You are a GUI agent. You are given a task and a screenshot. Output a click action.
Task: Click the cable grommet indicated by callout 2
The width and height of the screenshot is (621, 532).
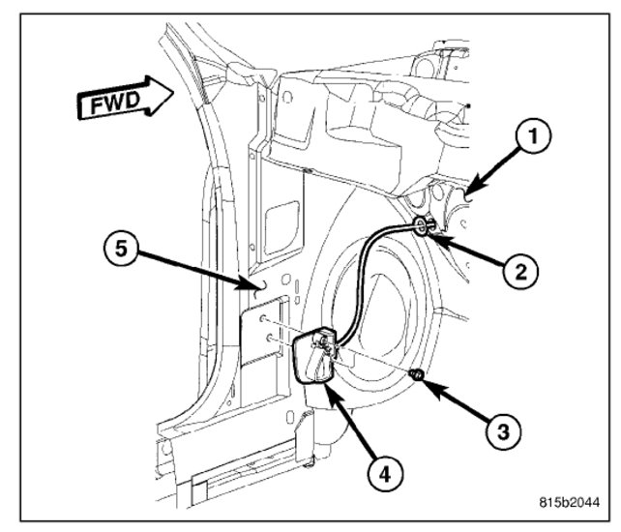(x=425, y=228)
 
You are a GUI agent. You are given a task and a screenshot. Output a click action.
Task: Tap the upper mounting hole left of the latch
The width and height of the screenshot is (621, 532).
(x=263, y=318)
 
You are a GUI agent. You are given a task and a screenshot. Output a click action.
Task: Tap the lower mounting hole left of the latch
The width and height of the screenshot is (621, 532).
(x=263, y=338)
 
